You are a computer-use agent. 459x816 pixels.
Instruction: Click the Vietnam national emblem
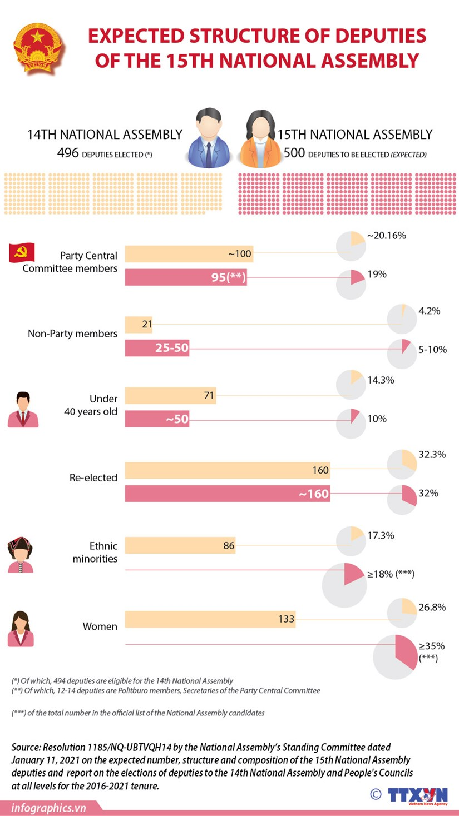point(38,48)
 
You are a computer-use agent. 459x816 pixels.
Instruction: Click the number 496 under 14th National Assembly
point(68,153)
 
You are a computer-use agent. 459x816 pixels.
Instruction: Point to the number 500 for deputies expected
point(294,153)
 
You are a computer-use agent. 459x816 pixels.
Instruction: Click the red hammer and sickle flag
point(22,253)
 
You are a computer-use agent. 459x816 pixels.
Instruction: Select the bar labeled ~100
point(189,254)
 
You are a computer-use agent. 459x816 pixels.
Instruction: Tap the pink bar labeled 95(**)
point(185,277)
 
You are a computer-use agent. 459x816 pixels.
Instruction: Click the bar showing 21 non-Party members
point(139,324)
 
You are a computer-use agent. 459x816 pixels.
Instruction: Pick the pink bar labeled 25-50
point(157,349)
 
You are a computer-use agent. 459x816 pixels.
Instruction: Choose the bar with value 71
point(170,396)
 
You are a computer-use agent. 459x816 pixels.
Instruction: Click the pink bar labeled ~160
point(227,494)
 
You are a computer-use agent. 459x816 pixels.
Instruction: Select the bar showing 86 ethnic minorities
point(180,545)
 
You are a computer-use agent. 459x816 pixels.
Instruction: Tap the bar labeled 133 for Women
point(210,619)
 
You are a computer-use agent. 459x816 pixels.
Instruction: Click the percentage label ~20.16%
point(386,236)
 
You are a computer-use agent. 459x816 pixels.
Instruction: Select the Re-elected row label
point(93,477)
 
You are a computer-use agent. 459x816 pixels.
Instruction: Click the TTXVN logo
point(417,795)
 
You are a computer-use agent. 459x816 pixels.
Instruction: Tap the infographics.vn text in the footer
point(49,808)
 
